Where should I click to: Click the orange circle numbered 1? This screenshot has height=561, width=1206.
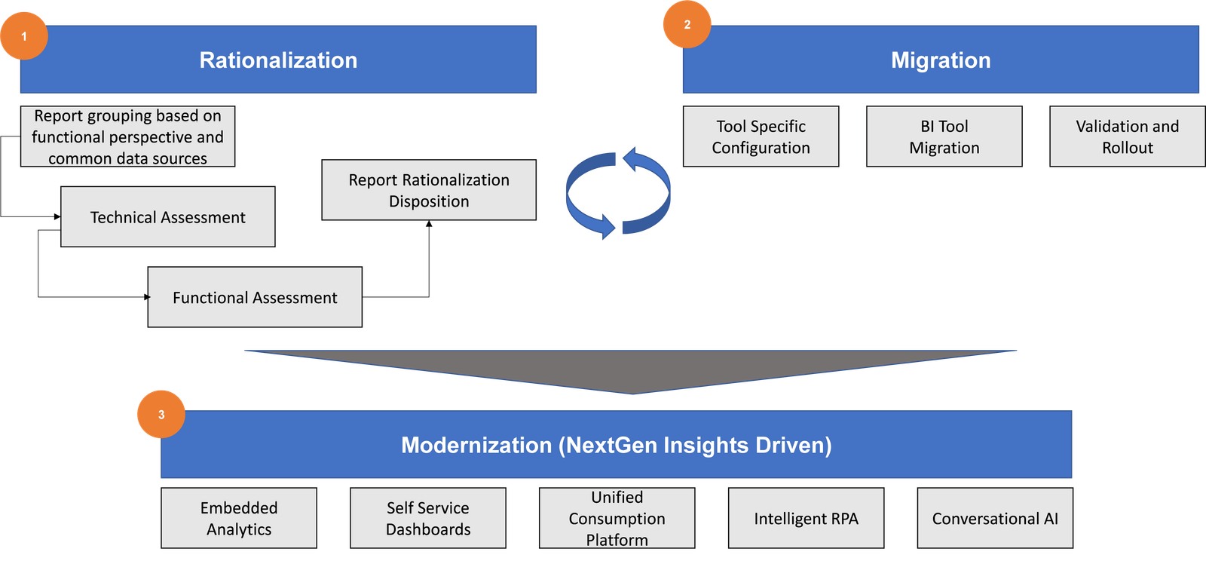[24, 35]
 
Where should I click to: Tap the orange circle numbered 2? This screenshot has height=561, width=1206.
[687, 24]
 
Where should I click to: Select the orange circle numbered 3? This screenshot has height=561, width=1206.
[161, 414]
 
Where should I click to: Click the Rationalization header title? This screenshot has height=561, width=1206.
[278, 60]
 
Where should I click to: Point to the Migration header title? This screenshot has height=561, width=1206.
[941, 60]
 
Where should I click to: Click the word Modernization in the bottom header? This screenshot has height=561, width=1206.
[476, 445]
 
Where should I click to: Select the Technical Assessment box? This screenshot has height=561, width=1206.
[167, 217]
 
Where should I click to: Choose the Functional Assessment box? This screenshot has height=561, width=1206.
[255, 297]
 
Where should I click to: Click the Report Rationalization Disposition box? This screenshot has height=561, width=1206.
[429, 190]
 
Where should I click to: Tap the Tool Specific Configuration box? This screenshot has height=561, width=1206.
[761, 136]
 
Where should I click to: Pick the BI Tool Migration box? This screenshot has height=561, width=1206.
[944, 136]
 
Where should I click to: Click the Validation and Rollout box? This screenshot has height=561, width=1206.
[1127, 136]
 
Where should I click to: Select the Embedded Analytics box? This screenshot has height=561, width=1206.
[239, 518]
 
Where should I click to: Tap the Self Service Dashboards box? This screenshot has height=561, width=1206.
[428, 518]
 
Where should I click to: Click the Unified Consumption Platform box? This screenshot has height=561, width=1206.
[617, 518]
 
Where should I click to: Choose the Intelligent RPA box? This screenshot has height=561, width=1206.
[806, 518]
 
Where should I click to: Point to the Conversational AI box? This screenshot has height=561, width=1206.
[995, 518]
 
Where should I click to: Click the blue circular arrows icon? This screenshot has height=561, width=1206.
[618, 193]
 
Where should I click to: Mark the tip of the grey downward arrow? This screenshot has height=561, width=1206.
[632, 393]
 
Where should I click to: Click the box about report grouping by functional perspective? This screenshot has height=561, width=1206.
[127, 136]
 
